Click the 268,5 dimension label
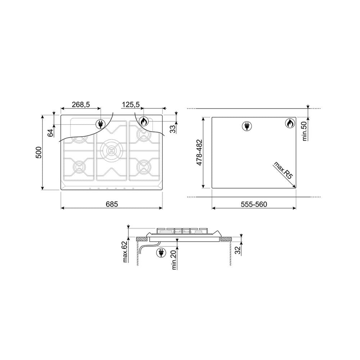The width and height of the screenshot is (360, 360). tap(81, 104)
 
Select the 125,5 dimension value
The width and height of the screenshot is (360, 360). tap(130, 104)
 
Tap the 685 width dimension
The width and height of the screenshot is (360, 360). tap(112, 204)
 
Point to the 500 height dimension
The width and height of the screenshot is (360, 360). tap(39, 152)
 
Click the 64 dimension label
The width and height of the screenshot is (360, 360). tap(50, 133)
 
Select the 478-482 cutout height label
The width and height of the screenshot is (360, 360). tap(199, 152)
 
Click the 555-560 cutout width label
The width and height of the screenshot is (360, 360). tap(254, 204)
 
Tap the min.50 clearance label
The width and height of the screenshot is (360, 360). tap(305, 131)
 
